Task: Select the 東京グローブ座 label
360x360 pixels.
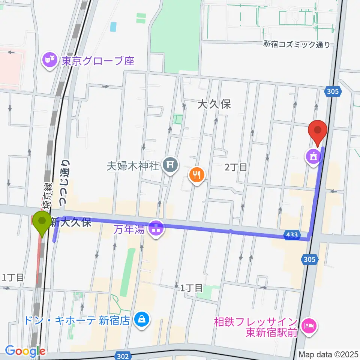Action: tap(98, 61)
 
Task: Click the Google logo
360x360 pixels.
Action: tap(25, 351)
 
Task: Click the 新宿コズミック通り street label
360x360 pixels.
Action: tap(297, 45)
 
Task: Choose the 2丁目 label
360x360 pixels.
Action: tap(236, 167)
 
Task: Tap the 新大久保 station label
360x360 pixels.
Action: tap(71, 222)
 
